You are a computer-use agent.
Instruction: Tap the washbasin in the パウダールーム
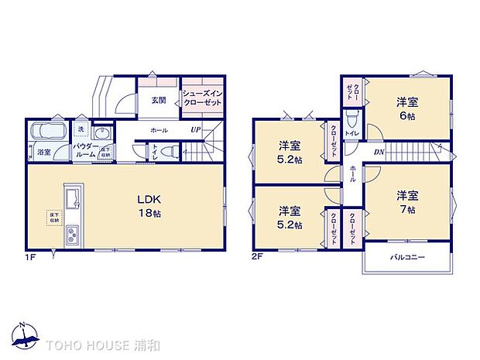click(x=99, y=132)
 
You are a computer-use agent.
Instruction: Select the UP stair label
click(x=197, y=129)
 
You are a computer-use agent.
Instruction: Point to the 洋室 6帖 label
click(x=408, y=108)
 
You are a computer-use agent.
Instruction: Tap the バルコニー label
click(x=406, y=258)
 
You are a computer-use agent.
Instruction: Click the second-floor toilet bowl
click(x=352, y=118)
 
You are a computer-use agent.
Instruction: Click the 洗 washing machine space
click(x=81, y=129)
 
